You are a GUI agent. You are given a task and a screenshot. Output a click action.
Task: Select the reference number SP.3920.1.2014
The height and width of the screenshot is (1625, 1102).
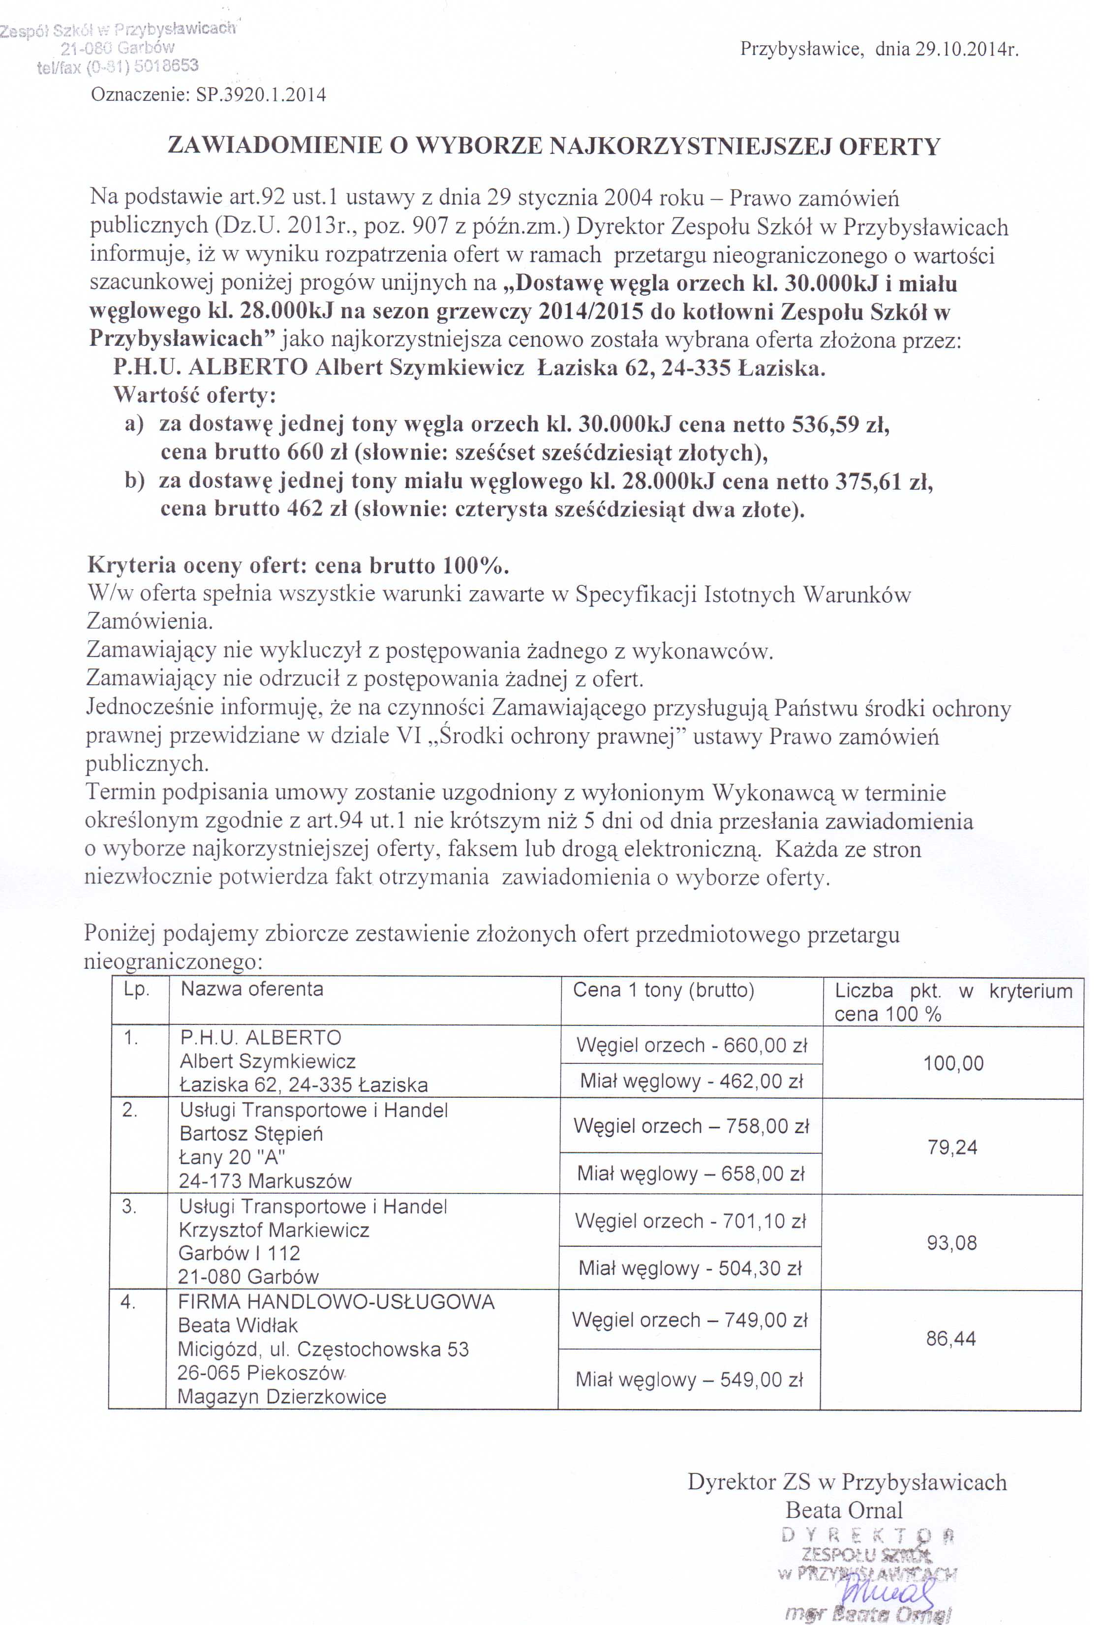pos(261,95)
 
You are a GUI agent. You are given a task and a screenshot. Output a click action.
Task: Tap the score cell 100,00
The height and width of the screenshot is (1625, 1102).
pos(953,1063)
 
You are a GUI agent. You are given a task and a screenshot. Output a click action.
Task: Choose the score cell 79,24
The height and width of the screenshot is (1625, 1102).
pos(952,1147)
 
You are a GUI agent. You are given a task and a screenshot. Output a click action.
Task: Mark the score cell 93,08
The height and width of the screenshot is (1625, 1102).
pos(951,1242)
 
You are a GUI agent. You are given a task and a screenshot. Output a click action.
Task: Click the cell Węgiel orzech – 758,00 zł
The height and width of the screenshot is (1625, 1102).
pos(691,1126)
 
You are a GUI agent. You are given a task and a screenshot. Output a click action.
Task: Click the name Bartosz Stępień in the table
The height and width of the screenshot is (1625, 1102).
pos(251,1134)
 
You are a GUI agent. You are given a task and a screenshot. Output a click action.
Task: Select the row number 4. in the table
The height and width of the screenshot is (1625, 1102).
pos(128,1302)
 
